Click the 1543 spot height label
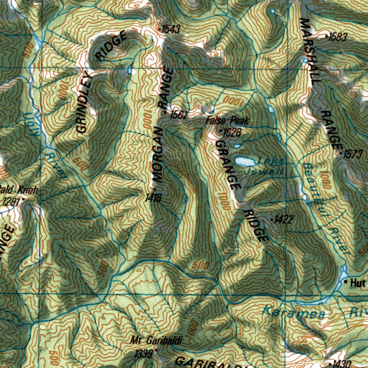pyautogui.click(x=170, y=29)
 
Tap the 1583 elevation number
pyautogui.click(x=338, y=37)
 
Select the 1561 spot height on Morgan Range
pyautogui.click(x=179, y=115)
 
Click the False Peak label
pyautogui.click(x=227, y=120)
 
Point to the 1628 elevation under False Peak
pyautogui.click(x=231, y=133)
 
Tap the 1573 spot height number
pyautogui.click(x=353, y=155)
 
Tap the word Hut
pyautogui.click(x=358, y=283)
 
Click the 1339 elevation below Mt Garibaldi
pyautogui.click(x=144, y=354)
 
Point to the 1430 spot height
pyautogui.click(x=342, y=364)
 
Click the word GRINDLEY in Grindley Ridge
pyautogui.click(x=84, y=104)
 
